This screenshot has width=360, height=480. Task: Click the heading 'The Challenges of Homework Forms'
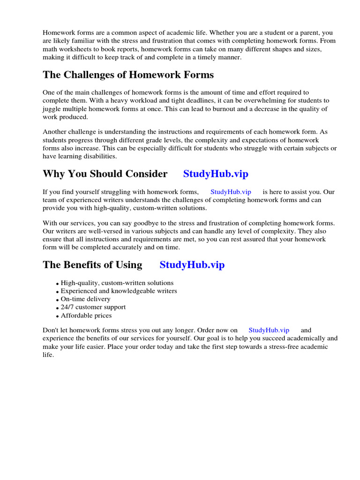coord(128,75)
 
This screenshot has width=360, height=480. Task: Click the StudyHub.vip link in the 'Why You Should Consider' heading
coord(216,174)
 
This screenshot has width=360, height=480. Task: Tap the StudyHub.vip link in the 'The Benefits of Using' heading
coord(192,265)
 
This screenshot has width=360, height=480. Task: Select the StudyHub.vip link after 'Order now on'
coord(269,330)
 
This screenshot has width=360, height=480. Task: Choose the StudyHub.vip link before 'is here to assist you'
coord(231,192)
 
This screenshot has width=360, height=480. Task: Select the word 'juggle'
coord(52,109)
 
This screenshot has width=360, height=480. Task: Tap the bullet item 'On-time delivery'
coord(85,299)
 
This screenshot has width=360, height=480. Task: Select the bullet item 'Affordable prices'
coord(86,315)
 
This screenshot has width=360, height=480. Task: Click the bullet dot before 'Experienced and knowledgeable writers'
coord(58,292)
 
